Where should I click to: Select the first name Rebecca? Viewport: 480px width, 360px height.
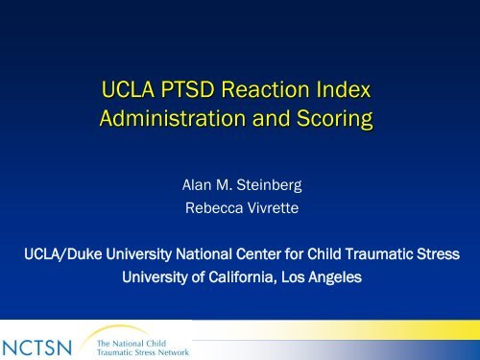[x=212, y=204]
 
